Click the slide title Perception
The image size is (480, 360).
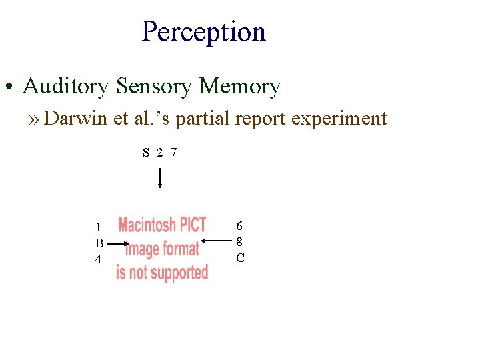click(x=203, y=31)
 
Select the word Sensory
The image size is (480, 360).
click(x=154, y=86)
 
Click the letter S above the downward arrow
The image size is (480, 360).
click(x=146, y=153)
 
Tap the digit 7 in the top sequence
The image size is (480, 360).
click(x=173, y=153)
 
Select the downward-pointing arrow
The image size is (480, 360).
click(x=160, y=178)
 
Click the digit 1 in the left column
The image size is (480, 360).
click(x=98, y=227)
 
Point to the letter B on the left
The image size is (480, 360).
click(x=99, y=243)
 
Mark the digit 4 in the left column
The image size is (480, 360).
click(x=98, y=259)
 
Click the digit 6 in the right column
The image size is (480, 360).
click(x=240, y=227)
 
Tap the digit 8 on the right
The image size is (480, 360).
click(x=240, y=242)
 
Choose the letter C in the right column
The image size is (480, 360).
click(x=240, y=257)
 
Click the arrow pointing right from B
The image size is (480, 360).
click(x=117, y=245)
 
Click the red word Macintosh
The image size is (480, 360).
click(x=147, y=225)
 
